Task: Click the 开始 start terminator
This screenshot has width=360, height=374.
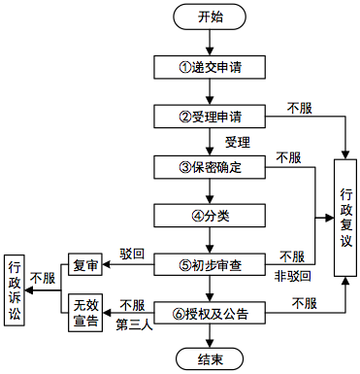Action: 210,18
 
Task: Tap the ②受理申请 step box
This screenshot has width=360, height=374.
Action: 210,116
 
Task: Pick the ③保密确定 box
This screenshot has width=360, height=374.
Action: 210,165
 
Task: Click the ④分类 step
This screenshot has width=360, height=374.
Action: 210,214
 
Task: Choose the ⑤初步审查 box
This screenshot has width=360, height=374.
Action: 210,263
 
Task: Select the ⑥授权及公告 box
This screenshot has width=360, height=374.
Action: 210,313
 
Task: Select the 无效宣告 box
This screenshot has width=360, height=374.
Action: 84,314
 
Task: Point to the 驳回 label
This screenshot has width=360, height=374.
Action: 132,254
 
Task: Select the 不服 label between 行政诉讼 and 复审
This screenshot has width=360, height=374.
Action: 44,278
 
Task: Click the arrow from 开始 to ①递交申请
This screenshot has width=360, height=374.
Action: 210,43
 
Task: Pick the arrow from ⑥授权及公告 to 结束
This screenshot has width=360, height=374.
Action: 210,335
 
